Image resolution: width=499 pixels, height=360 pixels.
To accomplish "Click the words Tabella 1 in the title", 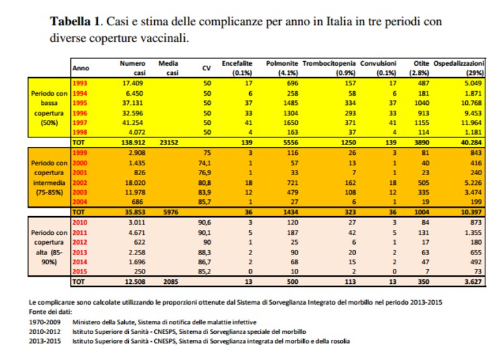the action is click(x=75, y=21).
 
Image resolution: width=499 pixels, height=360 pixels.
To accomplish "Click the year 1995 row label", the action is click(x=79, y=103).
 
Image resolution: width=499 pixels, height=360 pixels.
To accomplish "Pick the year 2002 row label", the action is click(x=79, y=183).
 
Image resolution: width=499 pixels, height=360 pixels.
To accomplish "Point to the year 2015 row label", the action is click(x=79, y=271).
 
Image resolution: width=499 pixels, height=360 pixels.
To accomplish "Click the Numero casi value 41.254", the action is click(x=133, y=122).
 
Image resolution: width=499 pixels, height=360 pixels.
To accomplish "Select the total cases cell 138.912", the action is click(x=133, y=143).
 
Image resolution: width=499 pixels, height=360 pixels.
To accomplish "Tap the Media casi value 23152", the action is click(x=169, y=143).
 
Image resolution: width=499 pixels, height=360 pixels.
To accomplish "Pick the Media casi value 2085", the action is click(x=170, y=282).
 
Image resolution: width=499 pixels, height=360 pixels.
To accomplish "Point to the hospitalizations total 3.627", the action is click(x=473, y=282).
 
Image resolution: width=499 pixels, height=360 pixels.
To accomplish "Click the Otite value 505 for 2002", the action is click(x=424, y=183).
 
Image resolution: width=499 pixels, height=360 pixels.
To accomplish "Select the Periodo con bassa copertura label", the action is click(x=49, y=108).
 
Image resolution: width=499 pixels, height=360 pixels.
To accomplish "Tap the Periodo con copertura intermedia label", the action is click(x=49, y=178).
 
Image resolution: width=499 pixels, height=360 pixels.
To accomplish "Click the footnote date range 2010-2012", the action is click(x=44, y=331).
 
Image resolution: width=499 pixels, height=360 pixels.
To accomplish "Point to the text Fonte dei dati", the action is click(x=50, y=312).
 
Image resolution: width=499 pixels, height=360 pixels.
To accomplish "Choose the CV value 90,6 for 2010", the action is click(x=205, y=223).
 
